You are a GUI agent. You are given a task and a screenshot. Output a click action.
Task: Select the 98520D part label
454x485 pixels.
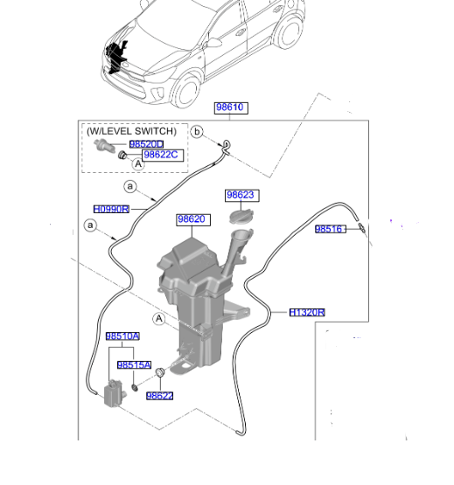[146, 144]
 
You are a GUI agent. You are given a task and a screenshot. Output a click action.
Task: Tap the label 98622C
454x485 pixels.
[161, 156]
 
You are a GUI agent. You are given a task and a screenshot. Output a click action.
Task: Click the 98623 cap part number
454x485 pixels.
[240, 196]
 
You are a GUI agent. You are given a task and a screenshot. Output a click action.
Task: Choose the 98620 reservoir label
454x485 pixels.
[191, 220]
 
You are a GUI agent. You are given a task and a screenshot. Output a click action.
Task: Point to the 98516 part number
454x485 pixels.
[332, 230]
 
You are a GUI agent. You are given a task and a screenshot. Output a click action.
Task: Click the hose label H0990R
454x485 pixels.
[111, 209]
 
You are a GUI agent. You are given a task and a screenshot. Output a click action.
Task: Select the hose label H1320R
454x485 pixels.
[308, 312]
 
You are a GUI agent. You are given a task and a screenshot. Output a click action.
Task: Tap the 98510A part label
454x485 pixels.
[122, 336]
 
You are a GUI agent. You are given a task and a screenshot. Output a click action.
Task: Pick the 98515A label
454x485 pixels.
[135, 364]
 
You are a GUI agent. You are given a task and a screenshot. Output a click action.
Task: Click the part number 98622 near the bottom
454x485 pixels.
[160, 396]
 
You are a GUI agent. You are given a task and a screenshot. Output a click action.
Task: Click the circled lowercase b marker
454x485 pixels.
[197, 132]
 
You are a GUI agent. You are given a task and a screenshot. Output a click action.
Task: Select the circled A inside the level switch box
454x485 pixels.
[138, 163]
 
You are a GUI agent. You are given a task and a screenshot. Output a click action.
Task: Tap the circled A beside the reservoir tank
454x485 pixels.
[158, 319]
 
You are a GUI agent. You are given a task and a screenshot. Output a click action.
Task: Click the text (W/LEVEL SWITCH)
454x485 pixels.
[136, 130]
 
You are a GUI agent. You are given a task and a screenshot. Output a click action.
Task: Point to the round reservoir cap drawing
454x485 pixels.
[240, 216]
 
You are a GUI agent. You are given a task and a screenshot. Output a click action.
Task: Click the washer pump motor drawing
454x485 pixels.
[113, 393]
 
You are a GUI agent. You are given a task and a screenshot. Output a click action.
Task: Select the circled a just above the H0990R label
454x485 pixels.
[129, 187]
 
